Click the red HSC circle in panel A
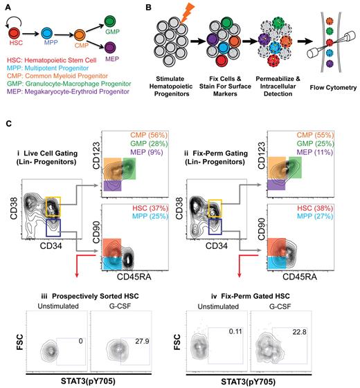coord(15,32)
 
